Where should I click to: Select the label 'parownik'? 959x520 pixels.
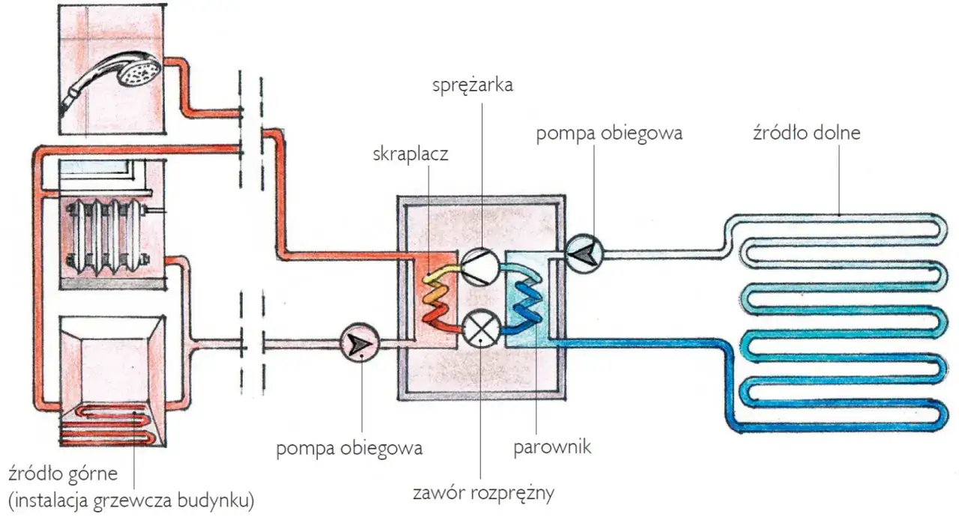(553, 448)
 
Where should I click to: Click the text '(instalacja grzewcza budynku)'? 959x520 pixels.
(131, 498)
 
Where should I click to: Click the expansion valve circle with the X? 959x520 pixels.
(479, 328)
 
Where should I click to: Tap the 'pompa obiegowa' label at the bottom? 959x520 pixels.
(349, 449)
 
